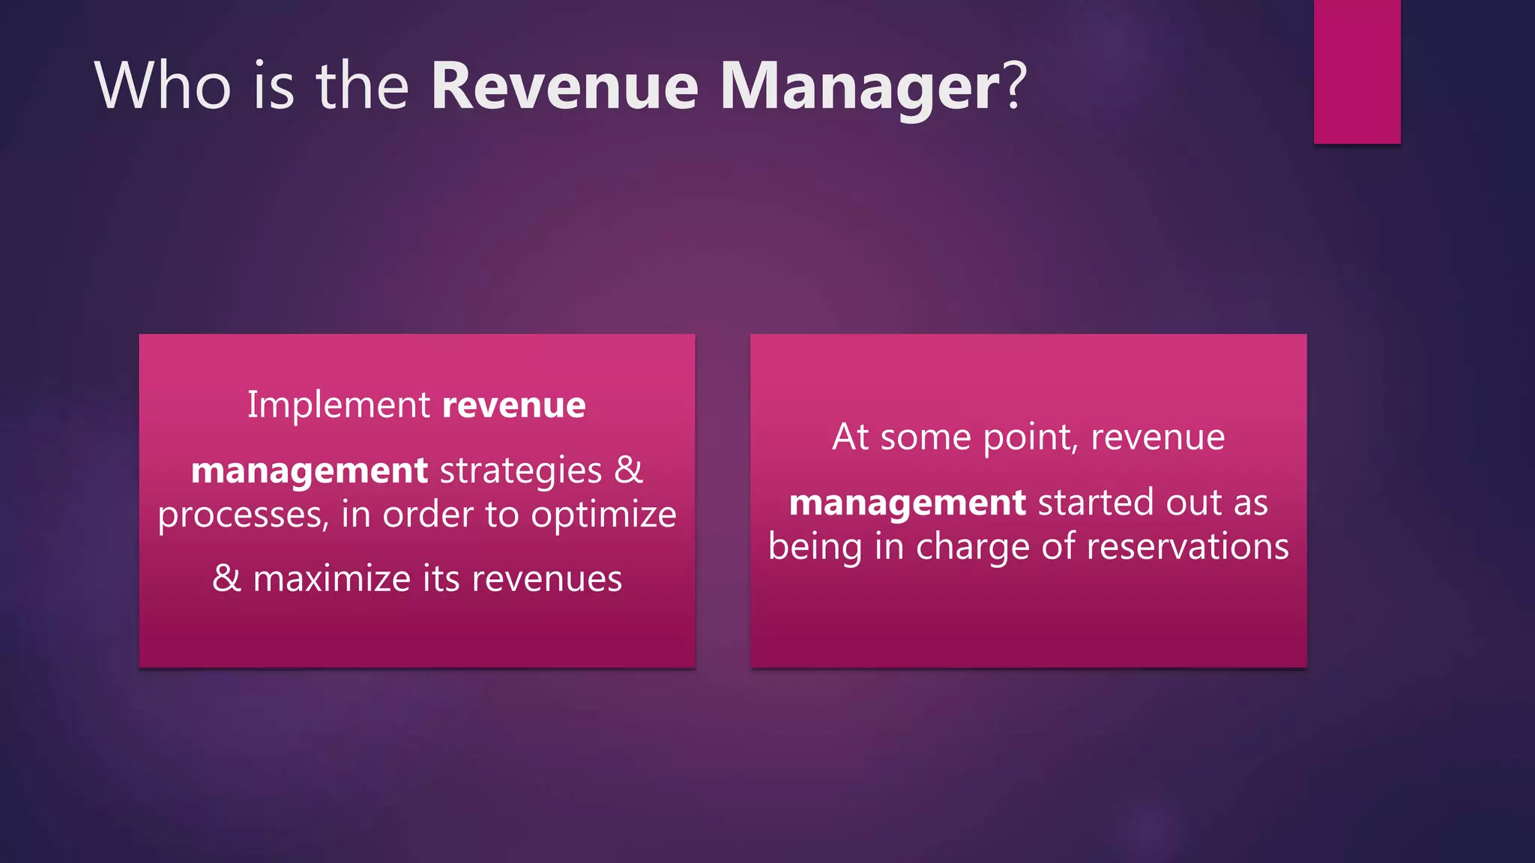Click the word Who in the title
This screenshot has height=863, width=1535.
[163, 86]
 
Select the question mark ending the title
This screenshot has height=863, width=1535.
[1014, 86]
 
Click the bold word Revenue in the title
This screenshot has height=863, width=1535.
[564, 86]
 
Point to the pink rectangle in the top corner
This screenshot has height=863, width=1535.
[1357, 71]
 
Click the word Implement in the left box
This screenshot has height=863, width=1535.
[339, 405]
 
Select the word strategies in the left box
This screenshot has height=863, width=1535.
[521, 471]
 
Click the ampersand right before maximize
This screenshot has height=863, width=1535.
[226, 578]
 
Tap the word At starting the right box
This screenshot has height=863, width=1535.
[850, 437]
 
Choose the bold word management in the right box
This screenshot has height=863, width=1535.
[907, 503]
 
